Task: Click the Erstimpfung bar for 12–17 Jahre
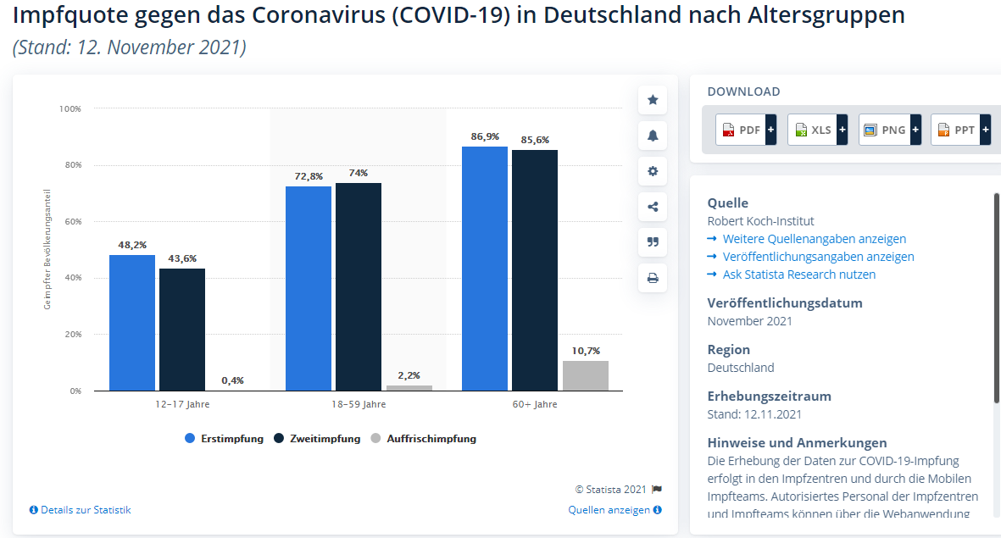[132, 322]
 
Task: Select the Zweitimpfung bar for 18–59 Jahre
[358, 286]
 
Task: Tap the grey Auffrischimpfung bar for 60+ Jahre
[585, 375]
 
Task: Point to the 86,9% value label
[486, 136]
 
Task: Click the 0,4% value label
[232, 380]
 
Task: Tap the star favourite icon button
[653, 100]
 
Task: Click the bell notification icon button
[653, 136]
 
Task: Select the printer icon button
[653, 278]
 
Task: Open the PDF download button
[746, 130]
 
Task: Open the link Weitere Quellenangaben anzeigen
[814, 239]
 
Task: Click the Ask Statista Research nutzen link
[798, 275]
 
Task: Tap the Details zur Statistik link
[81, 510]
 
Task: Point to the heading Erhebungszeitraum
[769, 396]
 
